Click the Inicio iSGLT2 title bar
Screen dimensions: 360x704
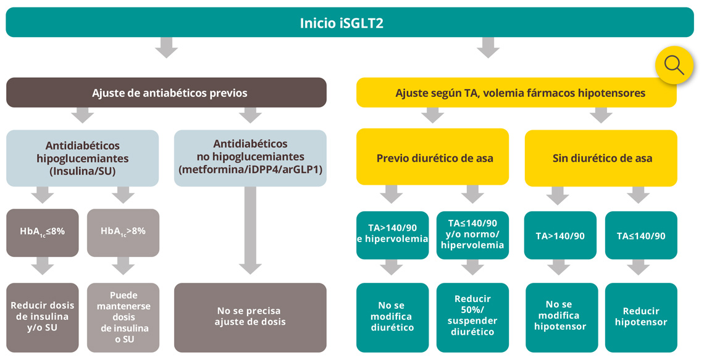(350, 23)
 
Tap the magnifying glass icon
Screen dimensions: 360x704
(674, 65)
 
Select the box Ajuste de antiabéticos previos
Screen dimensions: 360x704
(166, 93)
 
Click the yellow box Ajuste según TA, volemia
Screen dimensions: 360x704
(516, 93)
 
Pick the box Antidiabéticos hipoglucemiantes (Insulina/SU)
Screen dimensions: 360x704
(83, 158)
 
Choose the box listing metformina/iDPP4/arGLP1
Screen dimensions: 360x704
(250, 158)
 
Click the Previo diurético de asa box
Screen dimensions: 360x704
(432, 157)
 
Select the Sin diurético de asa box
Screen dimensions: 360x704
(601, 158)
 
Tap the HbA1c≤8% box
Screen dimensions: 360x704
(43, 233)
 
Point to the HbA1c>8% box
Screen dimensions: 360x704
(123, 233)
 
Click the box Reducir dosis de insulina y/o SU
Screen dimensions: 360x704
(43, 317)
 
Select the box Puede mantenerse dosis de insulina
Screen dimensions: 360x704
(123, 317)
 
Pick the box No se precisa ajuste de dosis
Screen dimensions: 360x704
(250, 317)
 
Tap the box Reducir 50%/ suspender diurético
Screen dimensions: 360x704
(472, 317)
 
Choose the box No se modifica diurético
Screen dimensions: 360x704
(393, 317)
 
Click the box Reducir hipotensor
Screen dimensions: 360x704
(641, 317)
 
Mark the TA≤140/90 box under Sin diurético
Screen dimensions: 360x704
(641, 235)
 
